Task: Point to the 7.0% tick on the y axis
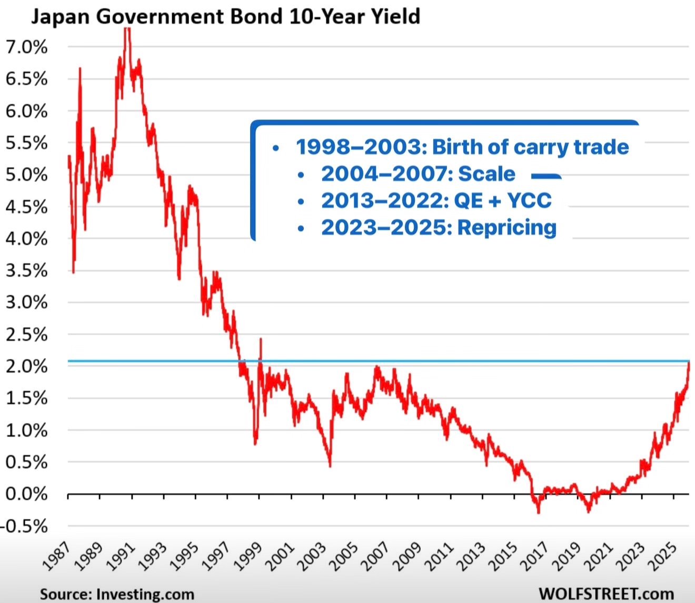point(26,47)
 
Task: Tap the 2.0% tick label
point(26,366)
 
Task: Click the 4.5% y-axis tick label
point(26,207)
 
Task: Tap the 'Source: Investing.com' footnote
point(117,594)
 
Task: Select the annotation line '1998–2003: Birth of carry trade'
point(462,147)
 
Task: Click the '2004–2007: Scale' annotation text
point(418,173)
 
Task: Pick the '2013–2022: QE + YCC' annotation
point(436,200)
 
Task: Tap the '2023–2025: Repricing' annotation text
point(439,227)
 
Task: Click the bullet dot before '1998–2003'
point(275,148)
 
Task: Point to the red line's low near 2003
point(330,465)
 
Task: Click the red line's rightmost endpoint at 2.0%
point(689,363)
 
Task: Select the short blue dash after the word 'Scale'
point(546,176)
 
